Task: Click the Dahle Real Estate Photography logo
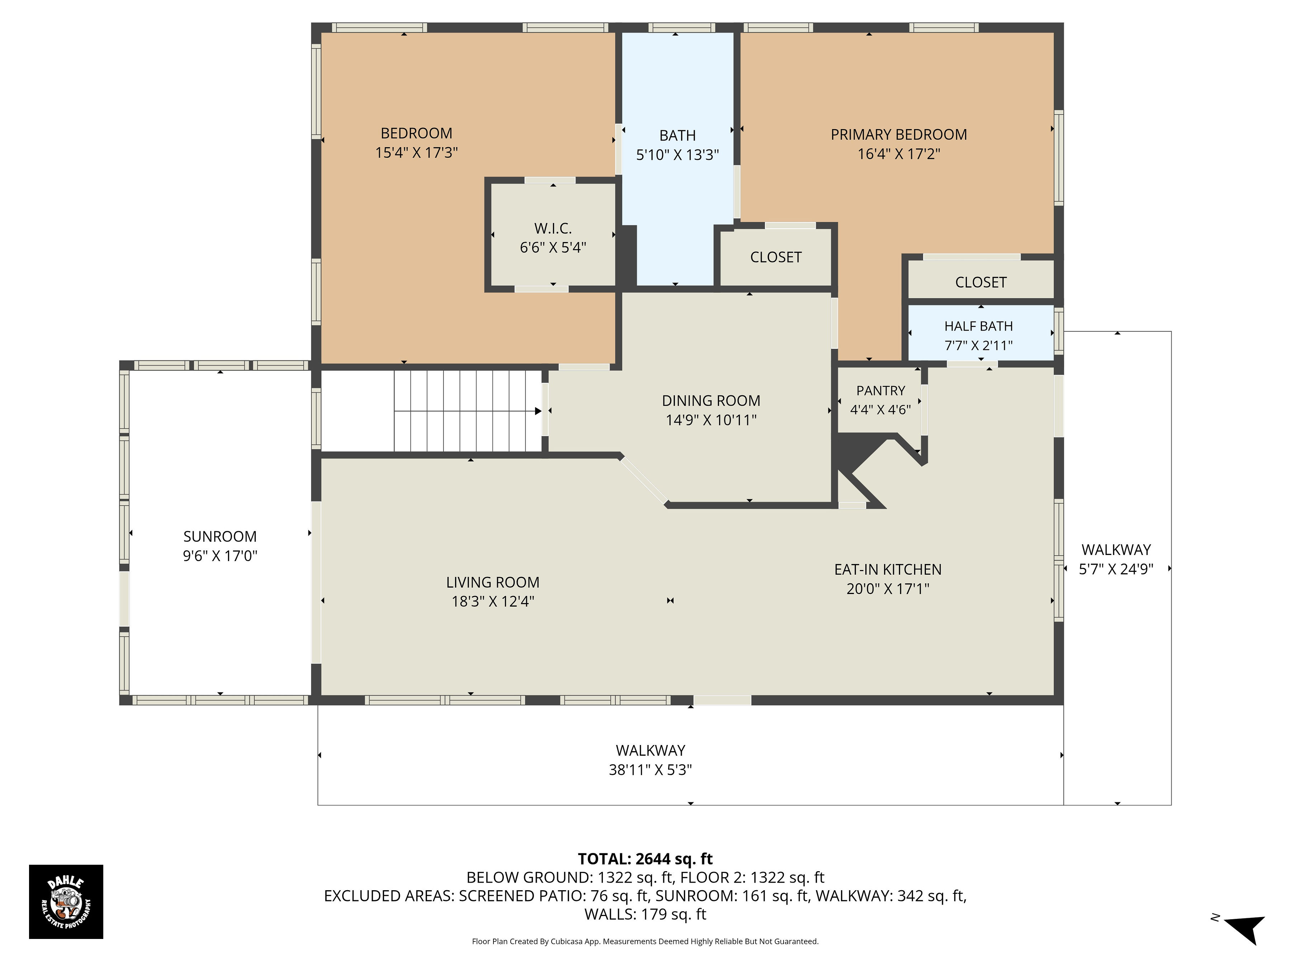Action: coord(66,901)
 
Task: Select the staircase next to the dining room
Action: coord(468,411)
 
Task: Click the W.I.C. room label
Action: coord(553,228)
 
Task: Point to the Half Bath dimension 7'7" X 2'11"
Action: coord(979,345)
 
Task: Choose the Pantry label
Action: coord(881,390)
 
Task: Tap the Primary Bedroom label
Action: coord(899,135)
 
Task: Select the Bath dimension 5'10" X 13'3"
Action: coord(678,155)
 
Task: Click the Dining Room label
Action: coord(711,401)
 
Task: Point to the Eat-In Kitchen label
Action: coord(888,569)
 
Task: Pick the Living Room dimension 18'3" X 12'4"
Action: coord(493,602)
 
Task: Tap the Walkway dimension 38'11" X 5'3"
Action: coord(650,770)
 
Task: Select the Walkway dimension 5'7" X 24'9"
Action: coord(1116,569)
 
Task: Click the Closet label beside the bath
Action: coord(776,257)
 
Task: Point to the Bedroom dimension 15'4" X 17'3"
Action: coord(416,153)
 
